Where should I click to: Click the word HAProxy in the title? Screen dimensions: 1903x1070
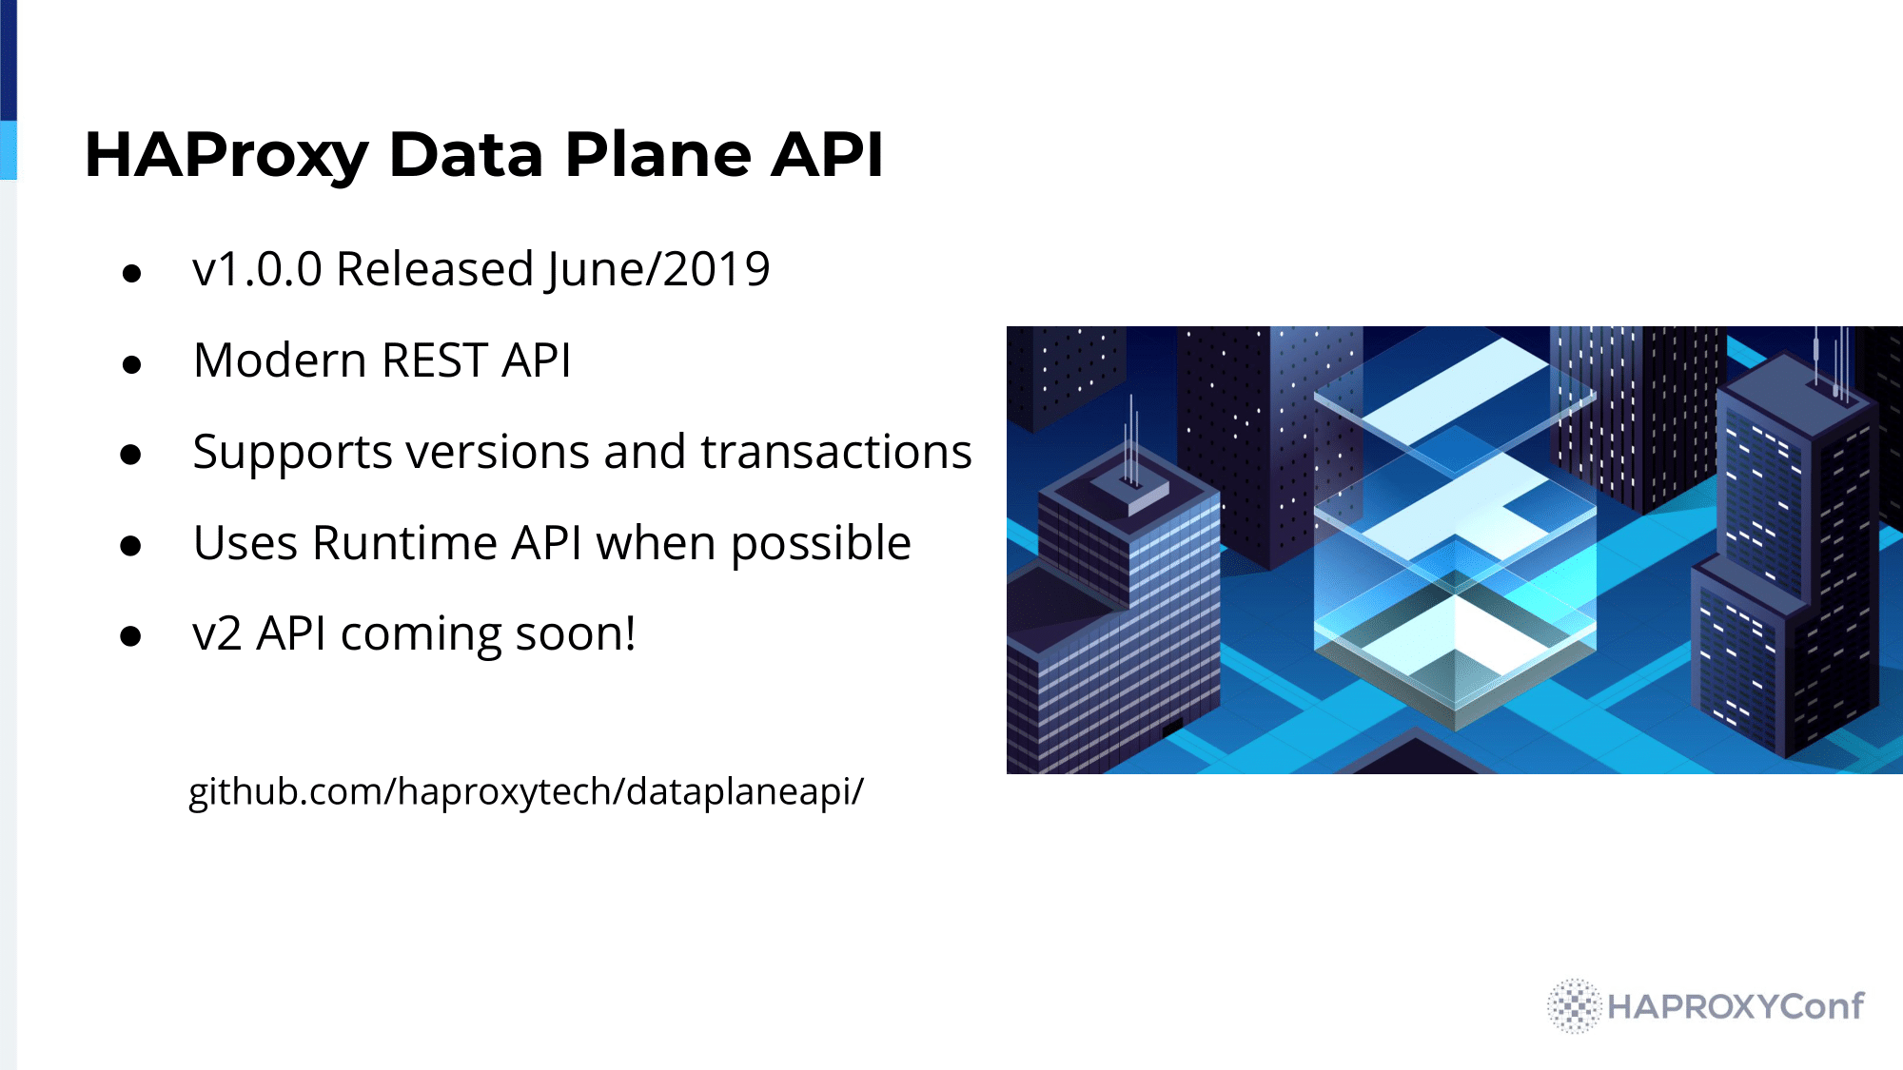click(x=226, y=156)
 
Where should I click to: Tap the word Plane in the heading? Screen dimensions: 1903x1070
click(x=657, y=154)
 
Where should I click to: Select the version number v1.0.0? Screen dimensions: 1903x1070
click(x=257, y=269)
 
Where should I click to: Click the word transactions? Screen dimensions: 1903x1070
click(x=836, y=451)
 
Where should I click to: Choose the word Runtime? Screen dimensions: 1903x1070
click(x=405, y=543)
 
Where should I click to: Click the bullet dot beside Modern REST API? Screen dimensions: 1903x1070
click(x=132, y=364)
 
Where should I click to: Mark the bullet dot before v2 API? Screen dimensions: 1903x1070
click(x=132, y=636)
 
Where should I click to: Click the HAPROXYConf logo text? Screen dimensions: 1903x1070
click(x=1736, y=1006)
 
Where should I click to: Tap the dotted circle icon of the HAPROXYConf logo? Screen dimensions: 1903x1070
click(x=1575, y=1005)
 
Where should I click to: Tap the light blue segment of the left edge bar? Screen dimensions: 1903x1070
click(x=9, y=150)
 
